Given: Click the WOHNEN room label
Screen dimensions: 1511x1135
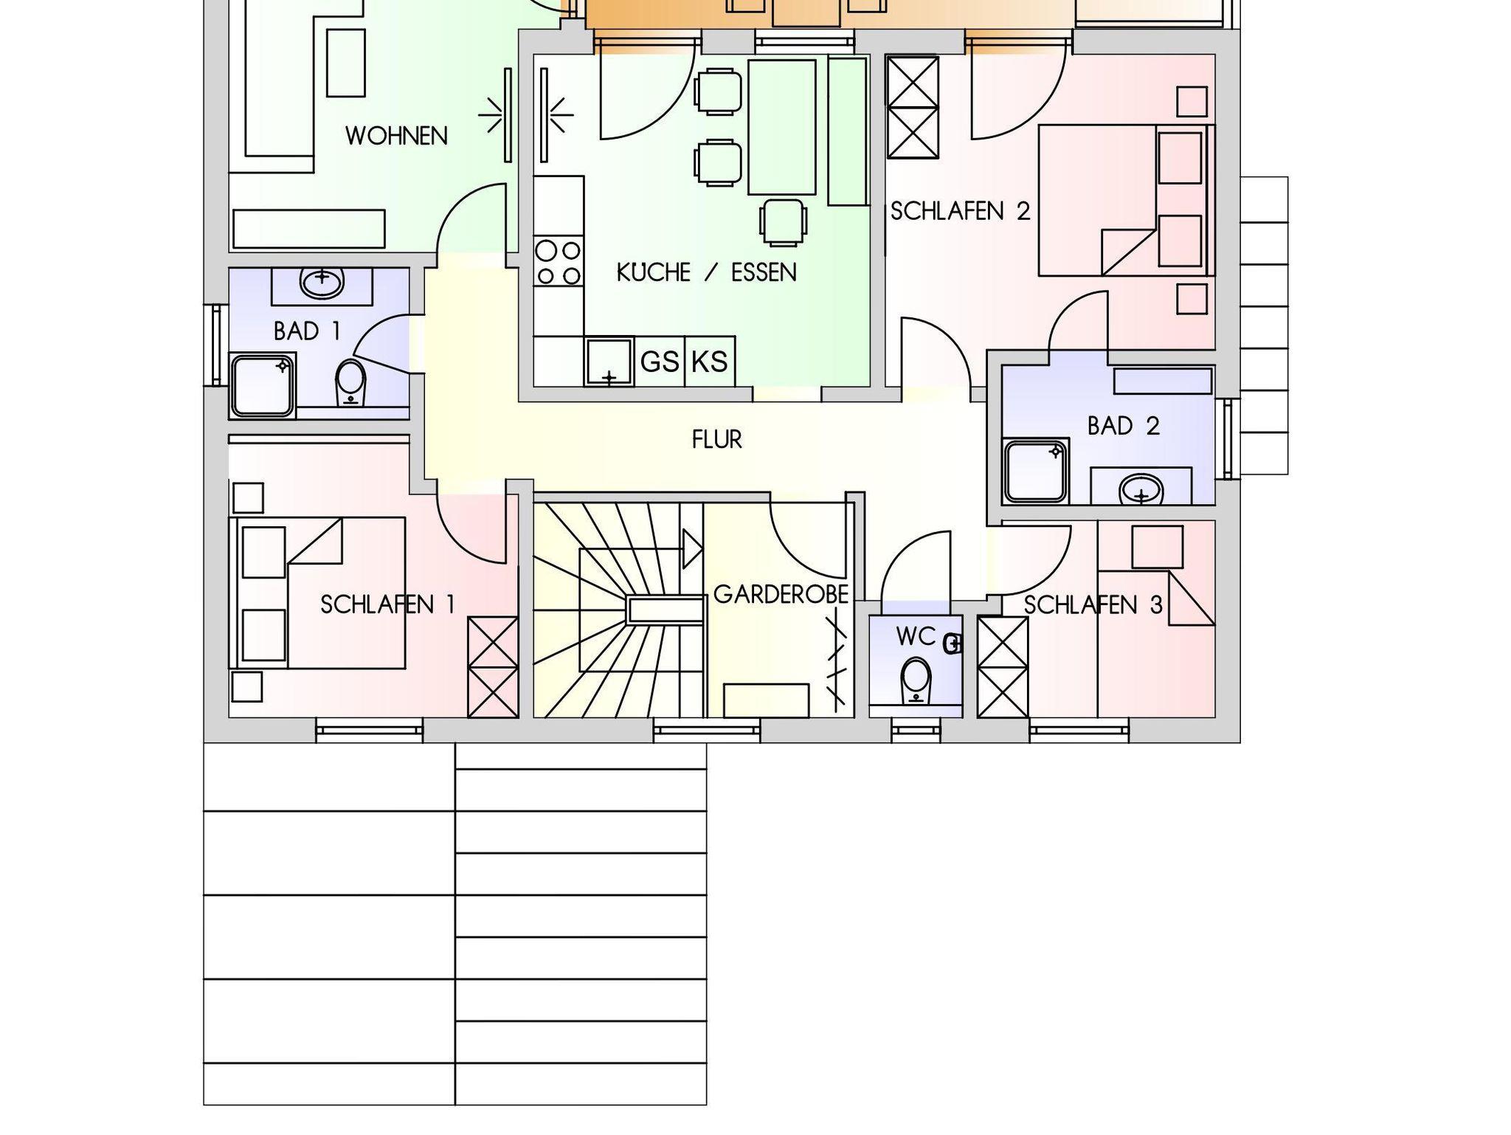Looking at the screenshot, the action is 396,136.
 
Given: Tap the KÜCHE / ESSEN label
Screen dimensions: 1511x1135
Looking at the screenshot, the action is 707,272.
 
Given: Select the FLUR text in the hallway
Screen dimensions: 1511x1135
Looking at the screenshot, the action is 717,440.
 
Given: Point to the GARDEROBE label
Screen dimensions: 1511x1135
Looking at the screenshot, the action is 781,595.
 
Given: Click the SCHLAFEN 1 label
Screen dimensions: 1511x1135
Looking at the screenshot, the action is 387,605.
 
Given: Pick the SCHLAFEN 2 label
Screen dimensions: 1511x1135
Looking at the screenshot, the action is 960,211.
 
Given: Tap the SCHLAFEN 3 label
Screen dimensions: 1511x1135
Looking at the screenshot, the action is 1093,605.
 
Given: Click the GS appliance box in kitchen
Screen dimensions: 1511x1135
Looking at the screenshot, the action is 660,362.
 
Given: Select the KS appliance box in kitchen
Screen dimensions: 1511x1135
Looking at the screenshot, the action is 710,362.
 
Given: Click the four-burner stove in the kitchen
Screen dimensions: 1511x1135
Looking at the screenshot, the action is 559,263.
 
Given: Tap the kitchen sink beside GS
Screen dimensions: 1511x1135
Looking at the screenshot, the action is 609,362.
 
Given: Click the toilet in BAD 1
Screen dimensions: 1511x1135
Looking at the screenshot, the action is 350,382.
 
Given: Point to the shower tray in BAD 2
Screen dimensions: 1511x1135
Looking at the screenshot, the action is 1036,472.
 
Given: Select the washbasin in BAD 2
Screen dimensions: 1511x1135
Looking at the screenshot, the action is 1141,489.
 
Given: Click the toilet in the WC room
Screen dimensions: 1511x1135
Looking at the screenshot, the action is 916,680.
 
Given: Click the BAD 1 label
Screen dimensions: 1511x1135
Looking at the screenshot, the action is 307,331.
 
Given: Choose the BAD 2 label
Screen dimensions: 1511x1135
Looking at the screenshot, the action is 1124,426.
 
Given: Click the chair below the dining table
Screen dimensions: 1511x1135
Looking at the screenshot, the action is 783,222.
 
